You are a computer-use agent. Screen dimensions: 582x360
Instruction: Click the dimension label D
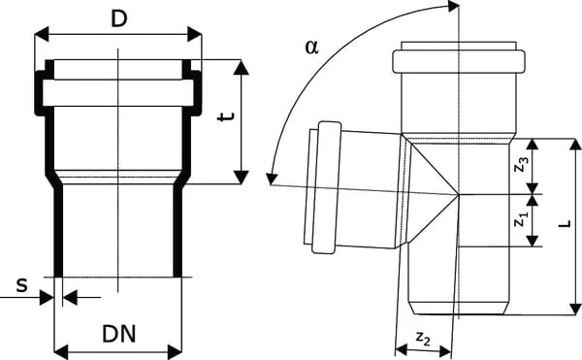[x=118, y=19]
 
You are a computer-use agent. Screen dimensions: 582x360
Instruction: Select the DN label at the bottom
[x=119, y=334]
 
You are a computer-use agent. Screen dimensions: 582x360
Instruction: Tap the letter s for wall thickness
[x=21, y=286]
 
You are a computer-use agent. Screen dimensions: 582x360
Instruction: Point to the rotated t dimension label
[x=226, y=116]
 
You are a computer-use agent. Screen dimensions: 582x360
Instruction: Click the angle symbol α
[x=311, y=48]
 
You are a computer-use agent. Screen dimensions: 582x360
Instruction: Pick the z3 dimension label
[x=521, y=164]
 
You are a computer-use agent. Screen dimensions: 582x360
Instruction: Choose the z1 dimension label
[x=521, y=218]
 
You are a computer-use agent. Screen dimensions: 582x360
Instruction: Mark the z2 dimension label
[x=423, y=338]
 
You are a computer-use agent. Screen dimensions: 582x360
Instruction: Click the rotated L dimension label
[x=565, y=224]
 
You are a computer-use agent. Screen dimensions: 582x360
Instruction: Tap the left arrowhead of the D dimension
[x=41, y=34]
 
